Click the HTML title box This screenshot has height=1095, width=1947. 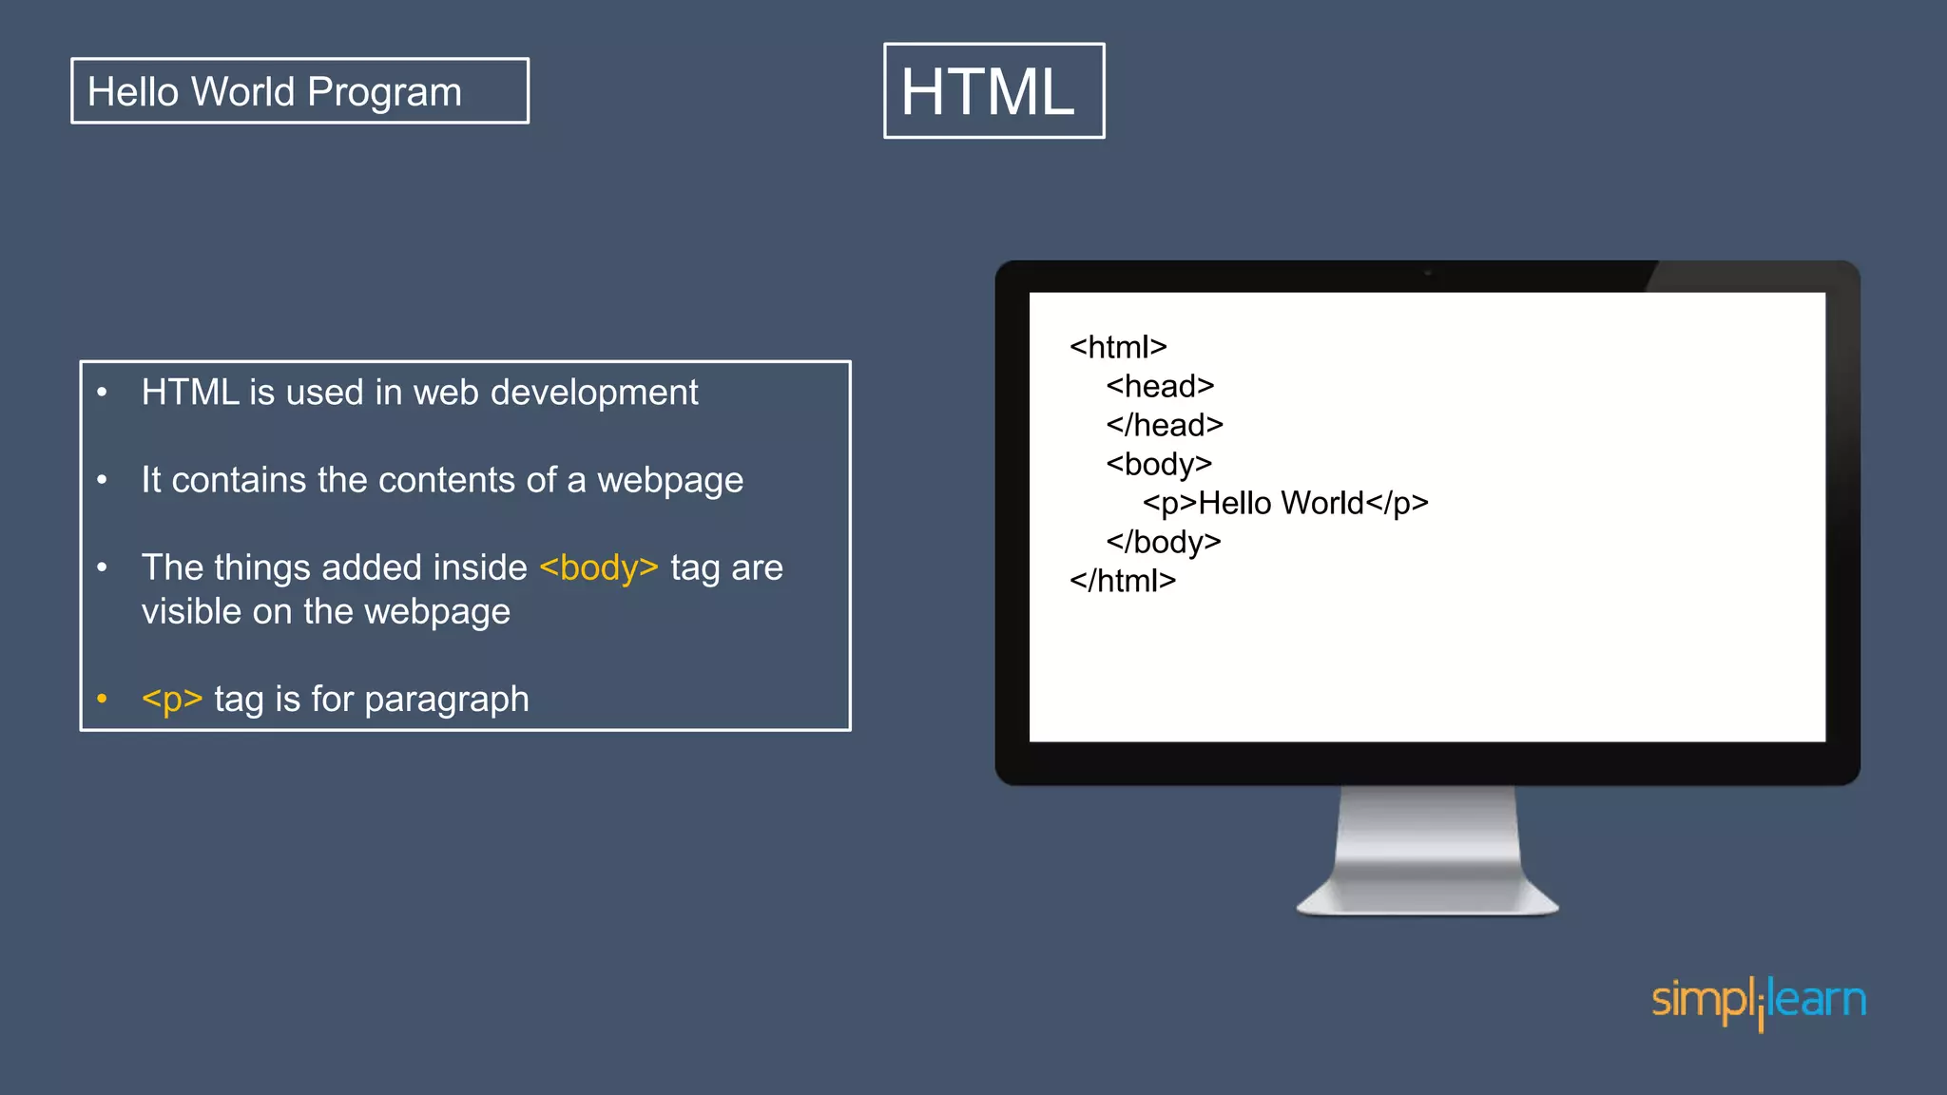993,91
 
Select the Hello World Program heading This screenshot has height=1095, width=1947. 275,92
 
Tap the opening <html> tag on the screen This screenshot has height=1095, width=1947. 1118,347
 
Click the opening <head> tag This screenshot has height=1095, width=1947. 1160,386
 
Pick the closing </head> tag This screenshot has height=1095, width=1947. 1165,425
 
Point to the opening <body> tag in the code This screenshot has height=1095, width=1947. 1159,464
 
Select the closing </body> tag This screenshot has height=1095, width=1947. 1164,542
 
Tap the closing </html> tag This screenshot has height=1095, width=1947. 1123,581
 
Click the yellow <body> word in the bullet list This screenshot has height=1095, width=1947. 599,567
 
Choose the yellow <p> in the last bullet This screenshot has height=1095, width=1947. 172,699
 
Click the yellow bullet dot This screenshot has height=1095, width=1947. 102,700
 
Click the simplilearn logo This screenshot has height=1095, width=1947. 1759,1002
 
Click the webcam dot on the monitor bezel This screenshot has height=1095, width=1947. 1428,274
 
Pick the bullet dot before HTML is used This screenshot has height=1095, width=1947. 102,393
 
